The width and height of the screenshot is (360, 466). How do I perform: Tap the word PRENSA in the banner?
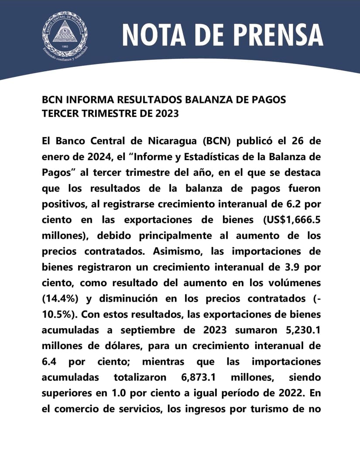tap(275, 35)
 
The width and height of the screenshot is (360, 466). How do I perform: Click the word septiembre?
tap(158, 330)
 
